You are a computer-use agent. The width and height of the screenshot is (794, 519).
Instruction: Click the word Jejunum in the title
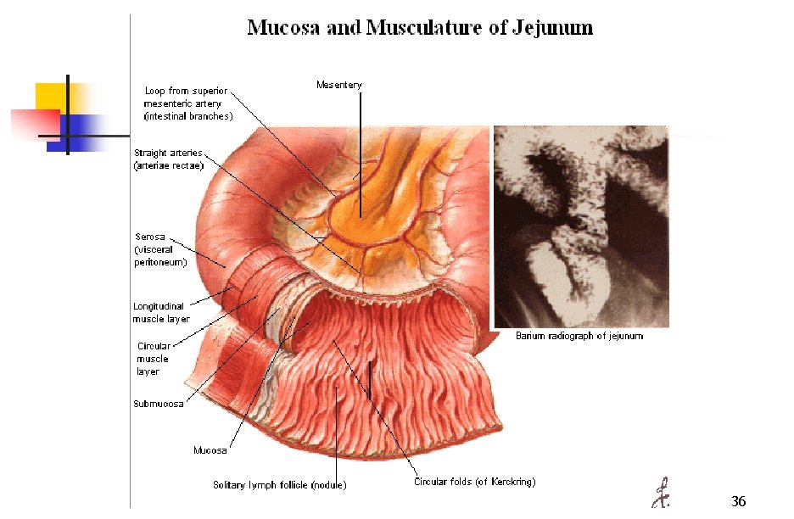552,28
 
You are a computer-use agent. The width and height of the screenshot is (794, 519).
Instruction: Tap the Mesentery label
338,85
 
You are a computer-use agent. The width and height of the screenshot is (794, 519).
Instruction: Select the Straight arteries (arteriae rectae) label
169,159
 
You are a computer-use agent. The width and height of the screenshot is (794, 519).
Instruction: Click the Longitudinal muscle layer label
161,313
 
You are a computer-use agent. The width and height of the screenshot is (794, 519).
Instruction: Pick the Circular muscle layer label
154,359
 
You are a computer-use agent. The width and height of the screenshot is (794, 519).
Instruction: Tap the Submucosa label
158,404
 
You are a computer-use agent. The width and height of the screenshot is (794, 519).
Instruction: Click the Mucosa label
210,450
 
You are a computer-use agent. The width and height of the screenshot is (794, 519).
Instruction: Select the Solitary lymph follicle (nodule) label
279,485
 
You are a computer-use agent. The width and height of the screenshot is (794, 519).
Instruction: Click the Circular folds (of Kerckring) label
474,482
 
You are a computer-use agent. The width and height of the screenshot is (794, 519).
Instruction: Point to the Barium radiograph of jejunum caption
579,336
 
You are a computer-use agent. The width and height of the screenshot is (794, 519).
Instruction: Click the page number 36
738,502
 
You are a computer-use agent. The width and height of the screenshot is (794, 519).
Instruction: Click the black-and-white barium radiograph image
581,226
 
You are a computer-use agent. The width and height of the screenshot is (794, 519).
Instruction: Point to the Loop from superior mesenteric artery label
188,103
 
